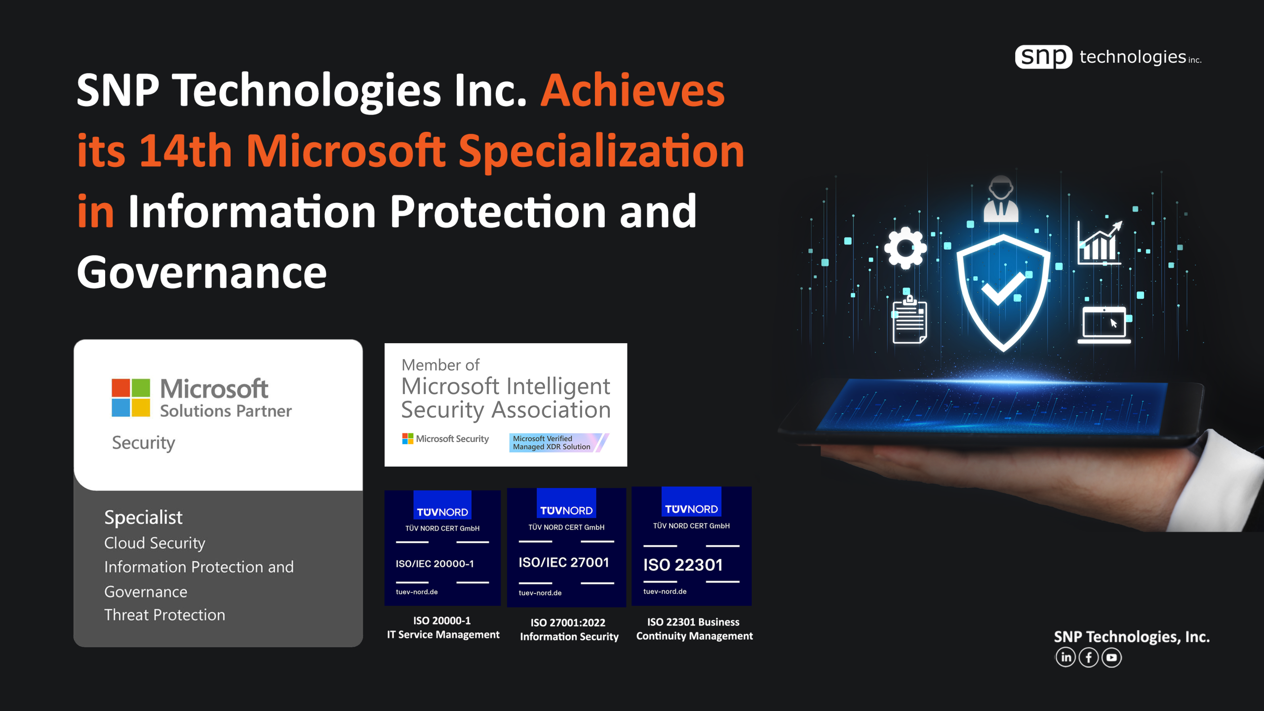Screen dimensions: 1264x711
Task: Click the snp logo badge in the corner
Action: (1043, 57)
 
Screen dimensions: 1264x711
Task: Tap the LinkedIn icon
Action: (1066, 657)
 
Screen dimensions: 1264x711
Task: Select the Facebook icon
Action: (1088, 657)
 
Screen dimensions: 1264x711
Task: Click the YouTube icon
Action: (1111, 657)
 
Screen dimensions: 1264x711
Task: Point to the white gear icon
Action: (905, 247)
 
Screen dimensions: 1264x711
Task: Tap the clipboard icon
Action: (910, 319)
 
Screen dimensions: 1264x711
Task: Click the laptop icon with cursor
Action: (1104, 325)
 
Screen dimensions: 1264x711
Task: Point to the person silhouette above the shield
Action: (1001, 199)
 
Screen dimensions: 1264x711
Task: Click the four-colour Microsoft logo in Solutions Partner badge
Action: (131, 397)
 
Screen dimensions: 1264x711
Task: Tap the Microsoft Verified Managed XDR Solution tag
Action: (559, 442)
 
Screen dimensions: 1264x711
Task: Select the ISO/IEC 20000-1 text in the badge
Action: (434, 563)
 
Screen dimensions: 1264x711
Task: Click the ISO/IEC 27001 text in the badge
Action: (563, 562)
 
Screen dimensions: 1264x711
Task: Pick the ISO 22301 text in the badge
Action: (683, 564)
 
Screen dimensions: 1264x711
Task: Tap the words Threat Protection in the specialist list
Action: (164, 615)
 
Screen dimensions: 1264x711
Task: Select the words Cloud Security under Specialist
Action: (155, 543)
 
